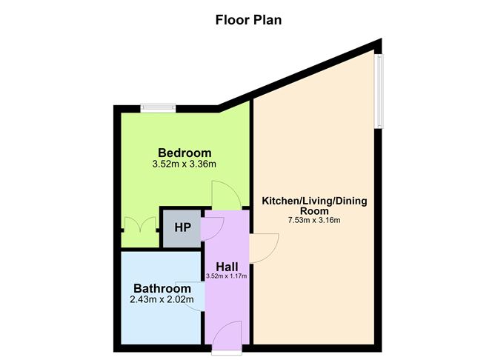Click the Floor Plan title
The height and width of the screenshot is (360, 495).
tap(248, 20)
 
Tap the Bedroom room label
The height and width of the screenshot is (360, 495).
tap(185, 153)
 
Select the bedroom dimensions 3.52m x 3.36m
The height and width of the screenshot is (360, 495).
tap(185, 164)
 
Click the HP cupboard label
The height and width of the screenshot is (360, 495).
tap(183, 227)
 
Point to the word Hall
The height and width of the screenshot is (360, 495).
tap(227, 267)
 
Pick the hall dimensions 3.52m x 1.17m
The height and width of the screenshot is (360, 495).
tap(226, 276)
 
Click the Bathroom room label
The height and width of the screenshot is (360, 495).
tap(162, 288)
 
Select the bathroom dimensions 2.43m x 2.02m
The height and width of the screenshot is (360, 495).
tap(162, 299)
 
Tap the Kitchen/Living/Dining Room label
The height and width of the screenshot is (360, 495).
tap(314, 205)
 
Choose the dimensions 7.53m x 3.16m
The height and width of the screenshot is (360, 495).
tap(314, 220)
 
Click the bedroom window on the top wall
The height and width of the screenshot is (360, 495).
tap(158, 108)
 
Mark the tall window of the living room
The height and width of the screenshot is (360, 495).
tap(379, 91)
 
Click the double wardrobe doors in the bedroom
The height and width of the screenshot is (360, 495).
tap(140, 224)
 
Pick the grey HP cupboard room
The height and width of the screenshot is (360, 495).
tap(182, 228)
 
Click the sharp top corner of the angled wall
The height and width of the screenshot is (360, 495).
tap(382, 39)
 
